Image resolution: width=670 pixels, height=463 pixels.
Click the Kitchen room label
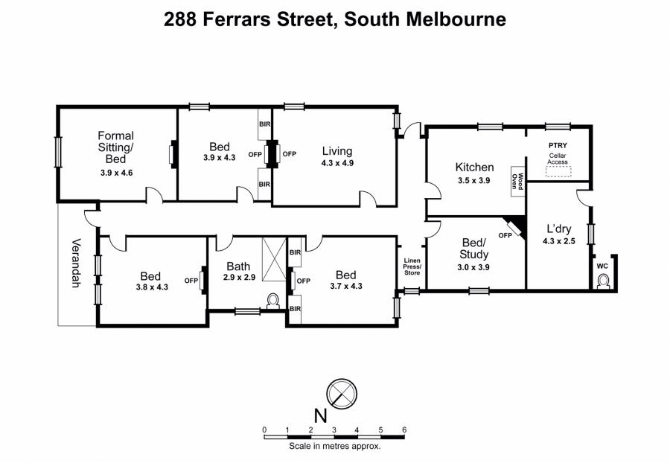(474, 167)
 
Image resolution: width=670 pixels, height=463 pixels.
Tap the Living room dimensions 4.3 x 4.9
(337, 163)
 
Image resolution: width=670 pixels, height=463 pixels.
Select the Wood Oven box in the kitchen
(517, 181)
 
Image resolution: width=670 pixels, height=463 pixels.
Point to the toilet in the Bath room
(272, 301)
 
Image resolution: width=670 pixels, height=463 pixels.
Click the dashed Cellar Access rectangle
(558, 171)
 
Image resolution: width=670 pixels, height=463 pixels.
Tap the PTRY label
(558, 145)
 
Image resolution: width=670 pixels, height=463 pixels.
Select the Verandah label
(76, 262)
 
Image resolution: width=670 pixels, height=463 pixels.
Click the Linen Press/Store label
(412, 266)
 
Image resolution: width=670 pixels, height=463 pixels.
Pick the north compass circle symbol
(342, 393)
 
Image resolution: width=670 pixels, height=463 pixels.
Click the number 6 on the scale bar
(403, 430)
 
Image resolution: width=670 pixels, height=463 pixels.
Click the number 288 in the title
(180, 19)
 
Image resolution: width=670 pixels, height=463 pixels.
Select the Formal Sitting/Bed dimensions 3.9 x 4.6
(117, 173)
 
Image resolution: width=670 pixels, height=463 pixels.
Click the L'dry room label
(559, 229)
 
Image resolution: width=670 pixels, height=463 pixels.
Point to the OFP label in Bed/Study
(505, 235)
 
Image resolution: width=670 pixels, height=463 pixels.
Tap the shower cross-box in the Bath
(274, 259)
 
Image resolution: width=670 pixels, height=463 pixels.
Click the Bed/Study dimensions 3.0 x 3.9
(473, 267)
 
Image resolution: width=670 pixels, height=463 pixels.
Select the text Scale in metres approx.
(334, 447)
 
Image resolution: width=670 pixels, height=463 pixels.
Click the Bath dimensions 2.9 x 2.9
(239, 277)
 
